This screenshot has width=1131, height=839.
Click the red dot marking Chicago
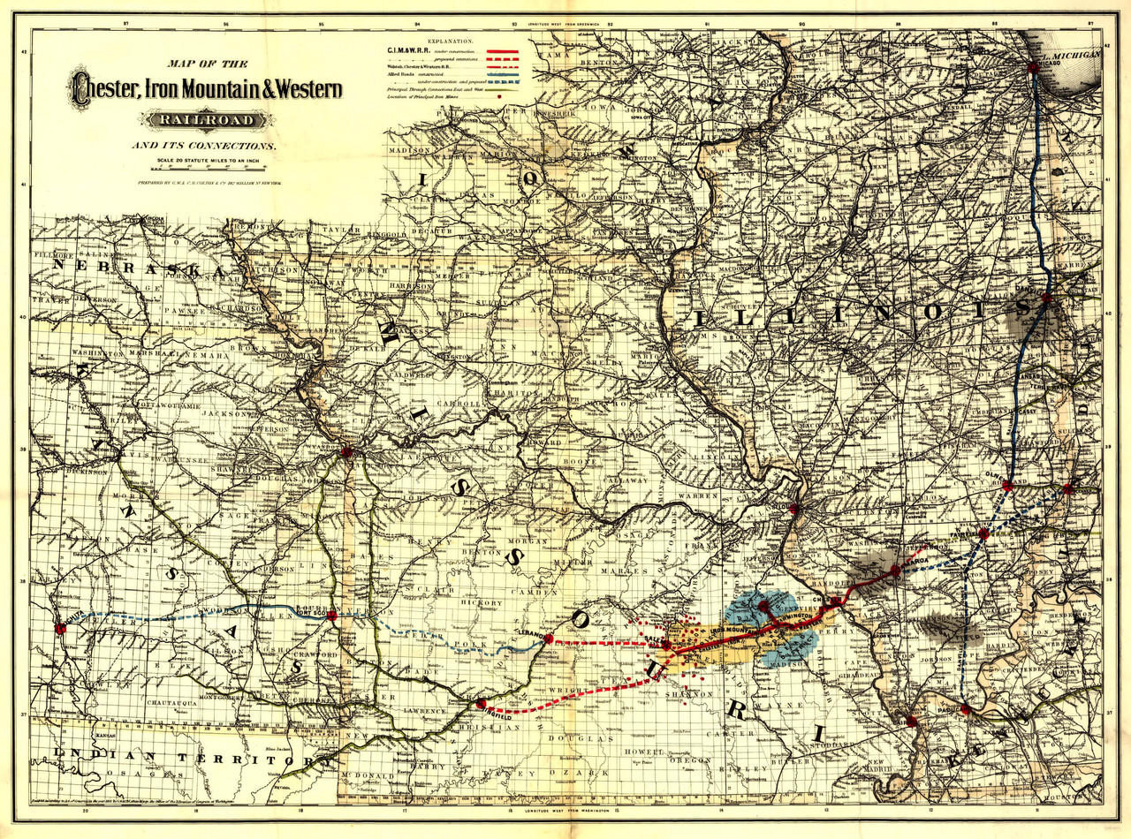[1033, 67]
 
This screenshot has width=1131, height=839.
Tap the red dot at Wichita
[61, 629]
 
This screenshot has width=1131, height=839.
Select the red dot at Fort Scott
[331, 616]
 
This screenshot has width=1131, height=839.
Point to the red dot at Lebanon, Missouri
[549, 638]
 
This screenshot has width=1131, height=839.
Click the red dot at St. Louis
[793, 510]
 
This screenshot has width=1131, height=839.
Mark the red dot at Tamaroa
[895, 571]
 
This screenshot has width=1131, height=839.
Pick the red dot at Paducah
[966, 709]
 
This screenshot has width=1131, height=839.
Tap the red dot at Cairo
[911, 722]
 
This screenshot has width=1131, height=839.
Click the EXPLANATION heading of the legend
[450, 42]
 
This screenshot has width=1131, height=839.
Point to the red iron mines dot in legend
[499, 96]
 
